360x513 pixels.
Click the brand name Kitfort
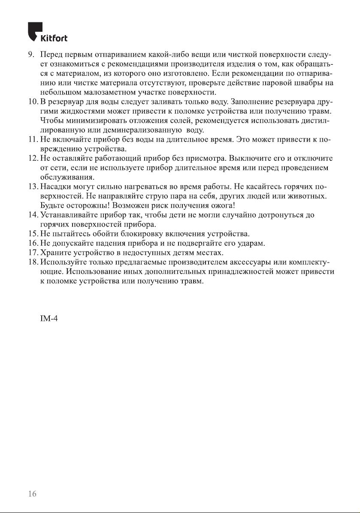(54, 39)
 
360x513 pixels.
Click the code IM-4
(48, 321)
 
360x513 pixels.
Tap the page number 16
(32, 494)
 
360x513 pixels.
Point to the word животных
(309, 196)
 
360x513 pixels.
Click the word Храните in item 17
(54, 253)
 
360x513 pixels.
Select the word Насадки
(54, 187)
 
